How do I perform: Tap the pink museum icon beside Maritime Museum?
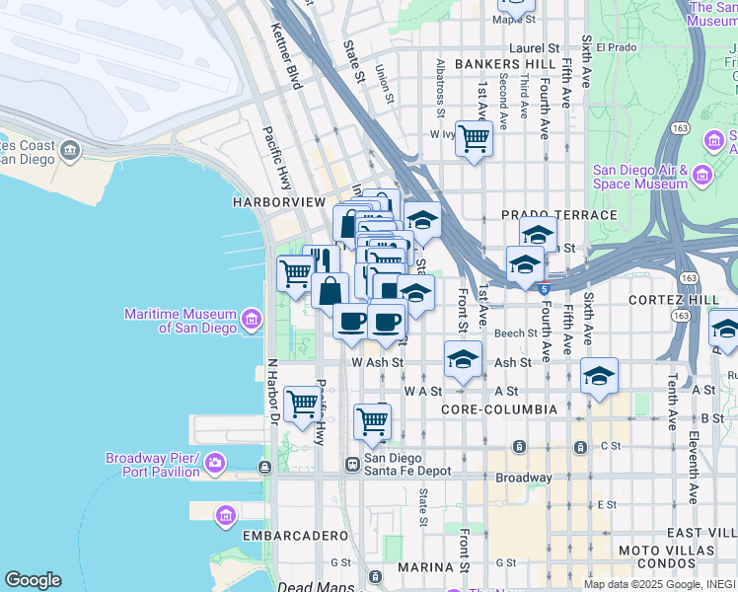click(252, 319)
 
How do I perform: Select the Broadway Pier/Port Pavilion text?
click(153, 465)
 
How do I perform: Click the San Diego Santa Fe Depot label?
click(407, 464)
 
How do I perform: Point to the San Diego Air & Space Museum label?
click(639, 177)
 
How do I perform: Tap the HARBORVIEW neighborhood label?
click(278, 201)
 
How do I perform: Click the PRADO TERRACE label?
click(558, 214)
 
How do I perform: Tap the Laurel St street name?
click(534, 47)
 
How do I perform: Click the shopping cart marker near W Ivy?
click(475, 138)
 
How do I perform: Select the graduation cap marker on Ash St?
click(462, 359)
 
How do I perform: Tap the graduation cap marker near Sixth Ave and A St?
click(599, 376)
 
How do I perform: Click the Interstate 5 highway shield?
click(545, 288)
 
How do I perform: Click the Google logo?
click(33, 580)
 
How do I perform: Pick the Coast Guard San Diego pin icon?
click(70, 151)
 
